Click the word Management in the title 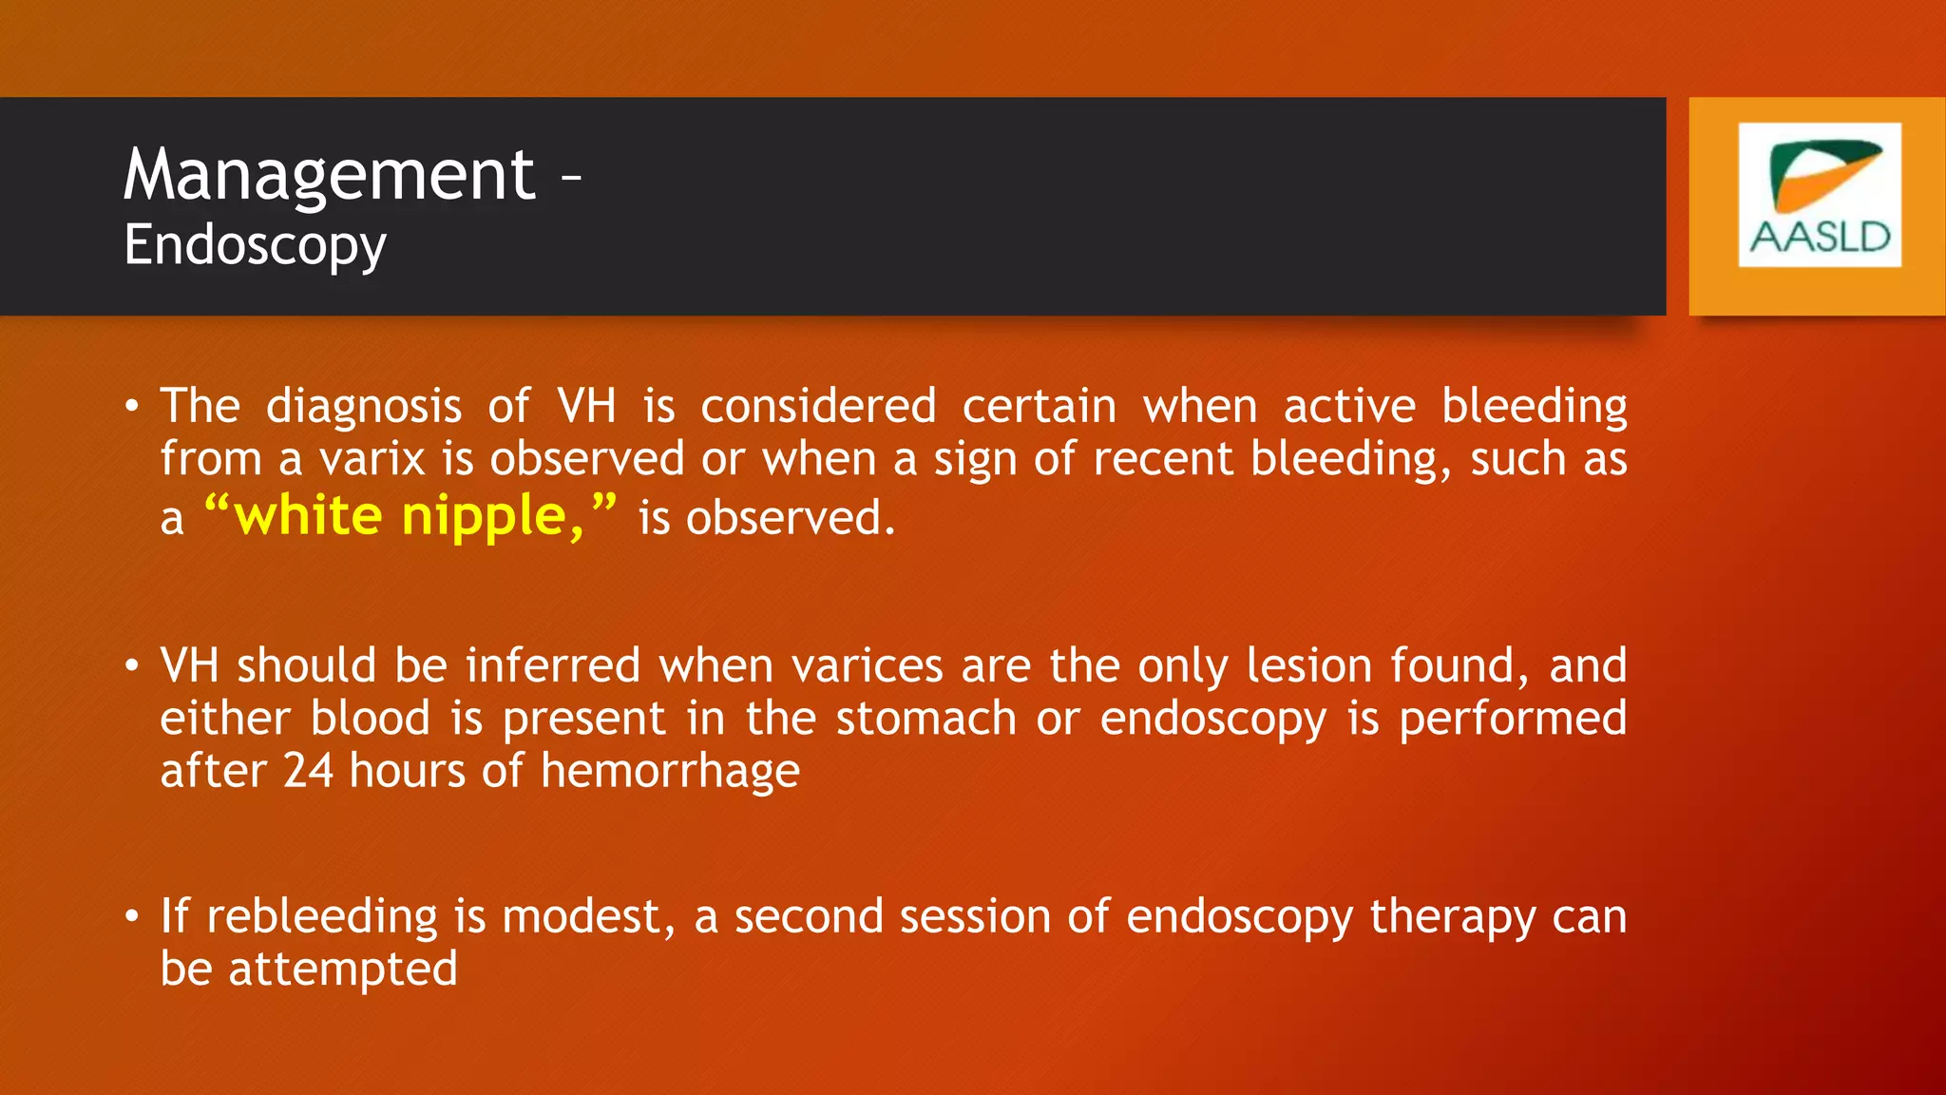pos(329,176)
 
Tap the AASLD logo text pos(1820,238)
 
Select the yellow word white pos(308,515)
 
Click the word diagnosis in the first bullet pos(364,407)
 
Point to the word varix pos(372,459)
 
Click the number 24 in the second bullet pos(308,770)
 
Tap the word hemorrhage pos(670,771)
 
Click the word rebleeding pos(322,917)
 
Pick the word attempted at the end pos(342,970)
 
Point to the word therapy pos(1452,918)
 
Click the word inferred pos(553,665)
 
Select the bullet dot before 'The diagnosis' pos(132,407)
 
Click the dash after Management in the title pos(570,176)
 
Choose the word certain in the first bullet pos(1040,407)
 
